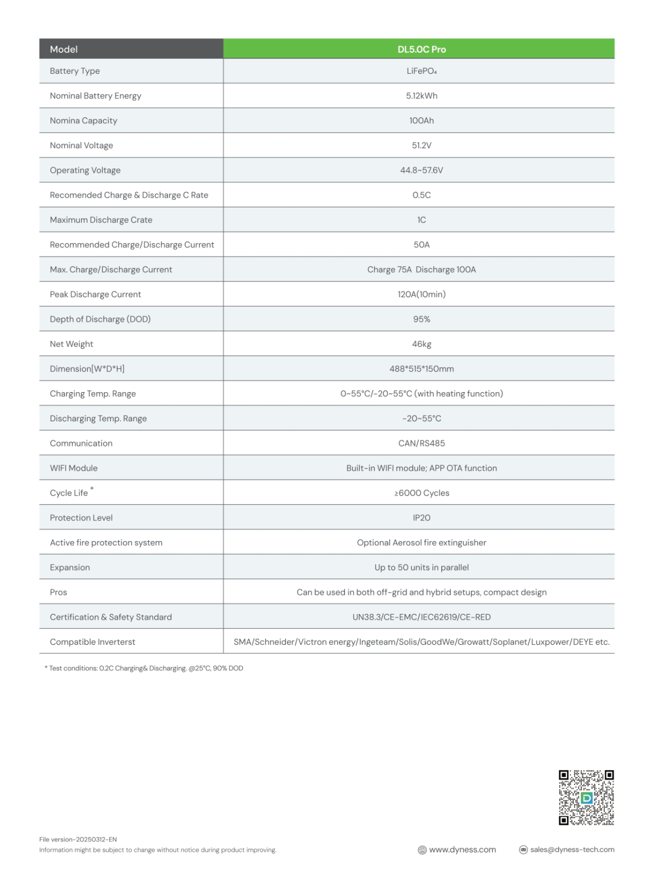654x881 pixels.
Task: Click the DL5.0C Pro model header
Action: (421, 49)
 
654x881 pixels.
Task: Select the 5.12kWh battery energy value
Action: (421, 96)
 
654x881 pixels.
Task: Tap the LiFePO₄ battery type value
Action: (421, 71)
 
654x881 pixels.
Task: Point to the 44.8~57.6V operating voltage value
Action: (421, 170)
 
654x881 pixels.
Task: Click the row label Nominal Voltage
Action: (82, 145)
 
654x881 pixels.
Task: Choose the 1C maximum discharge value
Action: (421, 220)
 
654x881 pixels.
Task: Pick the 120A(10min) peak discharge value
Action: (421, 294)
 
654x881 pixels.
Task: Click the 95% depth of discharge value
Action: (421, 319)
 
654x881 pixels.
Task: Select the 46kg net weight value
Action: (421, 344)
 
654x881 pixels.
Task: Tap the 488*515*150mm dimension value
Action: (421, 368)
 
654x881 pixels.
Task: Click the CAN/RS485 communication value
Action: (421, 443)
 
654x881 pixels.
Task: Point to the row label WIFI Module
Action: (74, 468)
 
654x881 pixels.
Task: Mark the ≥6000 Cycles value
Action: (421, 493)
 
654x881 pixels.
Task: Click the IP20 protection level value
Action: (421, 518)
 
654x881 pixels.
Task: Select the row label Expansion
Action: (70, 567)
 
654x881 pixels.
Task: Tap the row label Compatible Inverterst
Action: (93, 641)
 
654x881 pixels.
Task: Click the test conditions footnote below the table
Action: (144, 668)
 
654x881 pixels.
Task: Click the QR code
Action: (586, 797)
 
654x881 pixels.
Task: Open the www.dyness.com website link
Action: (462, 850)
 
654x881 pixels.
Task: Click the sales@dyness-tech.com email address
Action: (572, 850)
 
